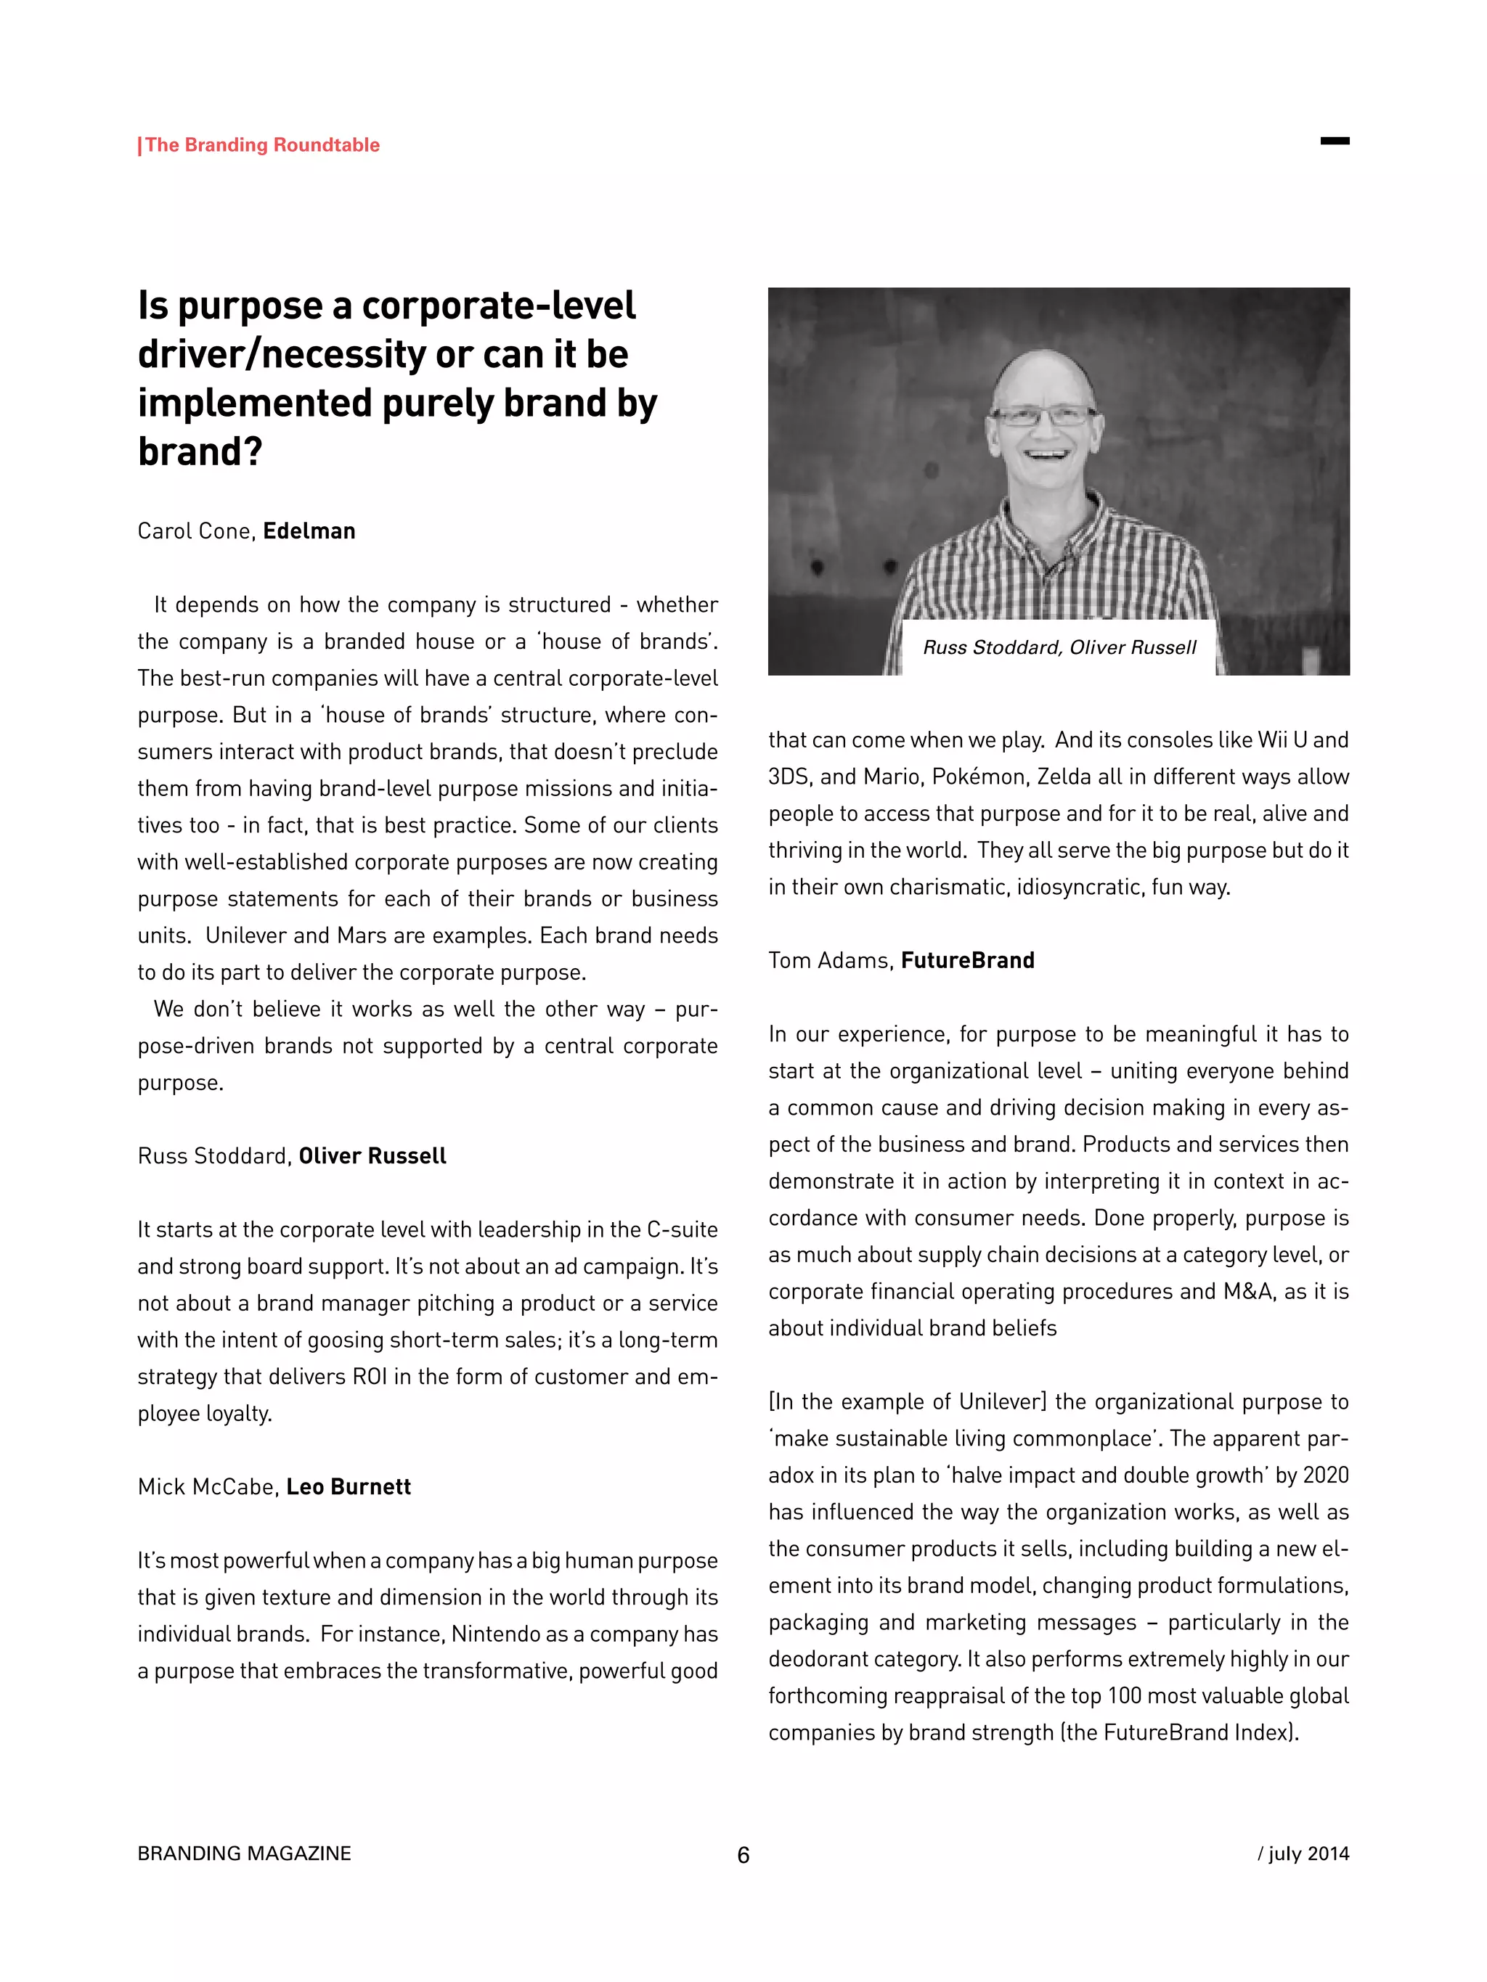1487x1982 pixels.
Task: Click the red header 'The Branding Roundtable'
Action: [261, 145]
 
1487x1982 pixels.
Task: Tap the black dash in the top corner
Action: [1335, 141]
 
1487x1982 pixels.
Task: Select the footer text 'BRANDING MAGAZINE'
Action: [244, 1853]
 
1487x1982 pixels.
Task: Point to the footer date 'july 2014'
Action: [1308, 1853]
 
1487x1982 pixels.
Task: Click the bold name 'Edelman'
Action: [309, 531]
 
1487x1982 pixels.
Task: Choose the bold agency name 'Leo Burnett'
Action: [349, 1487]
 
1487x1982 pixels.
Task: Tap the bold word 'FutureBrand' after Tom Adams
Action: [967, 961]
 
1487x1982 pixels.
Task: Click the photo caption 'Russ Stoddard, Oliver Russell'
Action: [1059, 648]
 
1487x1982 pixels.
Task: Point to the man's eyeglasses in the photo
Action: [1043, 417]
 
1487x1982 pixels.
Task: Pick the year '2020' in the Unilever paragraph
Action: [1326, 1475]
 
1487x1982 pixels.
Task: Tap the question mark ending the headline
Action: [253, 451]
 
